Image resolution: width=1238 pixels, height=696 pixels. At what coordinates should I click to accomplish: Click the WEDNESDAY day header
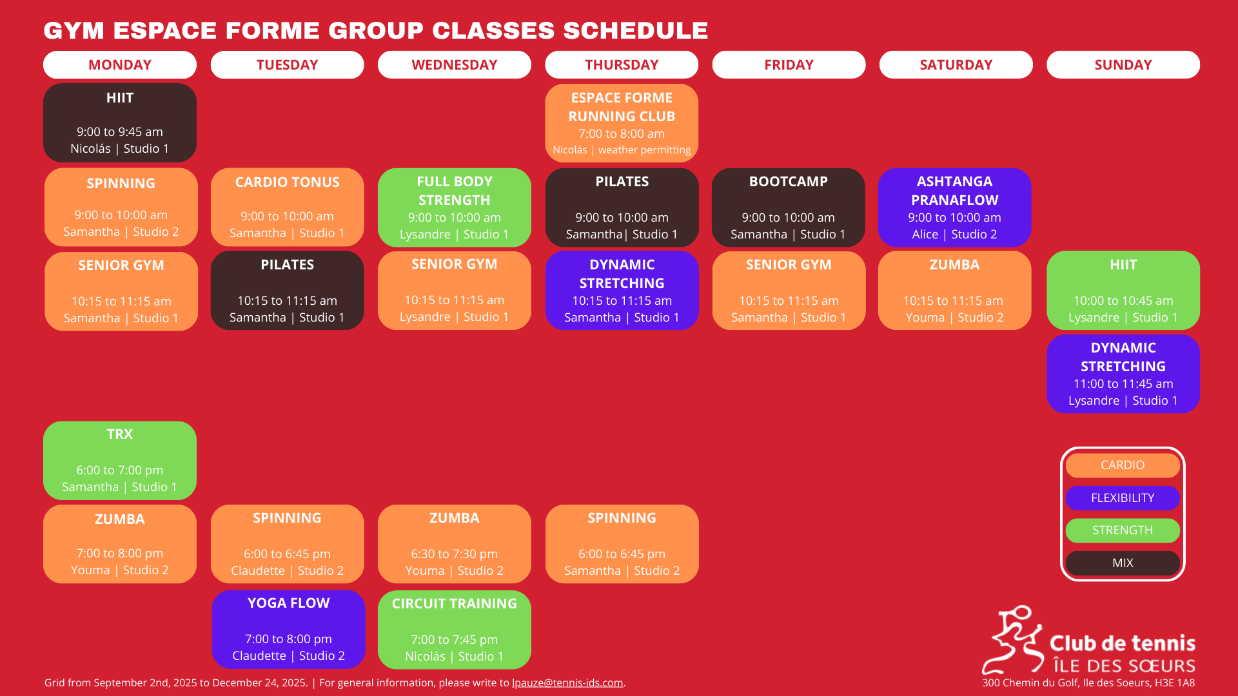(455, 64)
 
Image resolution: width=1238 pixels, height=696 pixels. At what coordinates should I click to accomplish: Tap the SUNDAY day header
(1123, 64)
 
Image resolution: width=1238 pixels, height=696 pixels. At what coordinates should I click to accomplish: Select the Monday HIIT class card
(120, 122)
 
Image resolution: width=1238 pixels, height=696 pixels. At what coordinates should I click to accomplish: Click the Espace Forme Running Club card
(622, 122)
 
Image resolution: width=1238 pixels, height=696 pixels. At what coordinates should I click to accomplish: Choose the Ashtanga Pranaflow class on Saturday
(954, 208)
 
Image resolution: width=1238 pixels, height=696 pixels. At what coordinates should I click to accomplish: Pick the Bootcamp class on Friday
(789, 208)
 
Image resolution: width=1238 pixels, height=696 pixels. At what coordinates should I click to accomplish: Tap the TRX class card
(120, 460)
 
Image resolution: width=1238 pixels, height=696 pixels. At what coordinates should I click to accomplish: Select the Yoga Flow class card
(288, 629)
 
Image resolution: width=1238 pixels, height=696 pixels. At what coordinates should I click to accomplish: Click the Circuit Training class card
(455, 630)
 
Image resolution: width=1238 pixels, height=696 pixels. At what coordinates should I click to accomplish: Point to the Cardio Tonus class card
(287, 208)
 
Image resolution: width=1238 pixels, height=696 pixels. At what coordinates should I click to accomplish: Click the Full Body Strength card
(455, 208)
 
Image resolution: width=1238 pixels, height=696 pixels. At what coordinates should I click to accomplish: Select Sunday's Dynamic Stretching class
(1123, 374)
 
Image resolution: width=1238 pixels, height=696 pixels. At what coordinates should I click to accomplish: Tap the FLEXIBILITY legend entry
(1123, 498)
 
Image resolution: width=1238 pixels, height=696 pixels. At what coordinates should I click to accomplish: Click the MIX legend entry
(1123, 563)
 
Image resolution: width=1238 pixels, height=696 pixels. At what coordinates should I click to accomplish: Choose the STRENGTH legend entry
(1123, 530)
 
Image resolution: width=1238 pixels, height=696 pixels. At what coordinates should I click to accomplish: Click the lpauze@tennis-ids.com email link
(567, 682)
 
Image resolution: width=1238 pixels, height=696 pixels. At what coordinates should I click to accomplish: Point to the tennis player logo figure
(1013, 639)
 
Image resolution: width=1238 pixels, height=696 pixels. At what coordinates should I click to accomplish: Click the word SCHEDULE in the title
(636, 30)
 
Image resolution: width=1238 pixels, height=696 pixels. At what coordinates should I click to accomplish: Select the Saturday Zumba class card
(954, 290)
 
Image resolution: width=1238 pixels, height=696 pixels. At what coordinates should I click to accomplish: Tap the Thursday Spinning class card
(622, 544)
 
